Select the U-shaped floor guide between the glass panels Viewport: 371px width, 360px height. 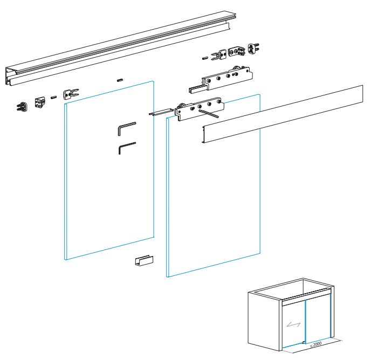point(144,261)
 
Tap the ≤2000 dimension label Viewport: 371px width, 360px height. point(315,344)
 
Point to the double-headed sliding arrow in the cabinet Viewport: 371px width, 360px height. point(293,324)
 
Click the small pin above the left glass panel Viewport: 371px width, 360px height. point(120,80)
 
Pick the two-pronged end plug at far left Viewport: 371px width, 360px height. point(22,106)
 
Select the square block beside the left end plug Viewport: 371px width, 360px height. point(40,102)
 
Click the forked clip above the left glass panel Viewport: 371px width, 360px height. point(71,94)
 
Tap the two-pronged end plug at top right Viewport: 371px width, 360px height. point(253,49)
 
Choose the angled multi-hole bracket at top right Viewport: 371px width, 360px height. point(236,51)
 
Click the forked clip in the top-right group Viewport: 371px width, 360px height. point(219,55)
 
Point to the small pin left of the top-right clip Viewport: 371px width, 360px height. point(205,58)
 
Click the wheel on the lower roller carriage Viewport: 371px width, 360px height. point(182,106)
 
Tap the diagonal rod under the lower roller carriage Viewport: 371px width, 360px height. point(209,113)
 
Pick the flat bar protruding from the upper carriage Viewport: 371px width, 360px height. point(196,89)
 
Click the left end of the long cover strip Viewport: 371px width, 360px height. point(203,134)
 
